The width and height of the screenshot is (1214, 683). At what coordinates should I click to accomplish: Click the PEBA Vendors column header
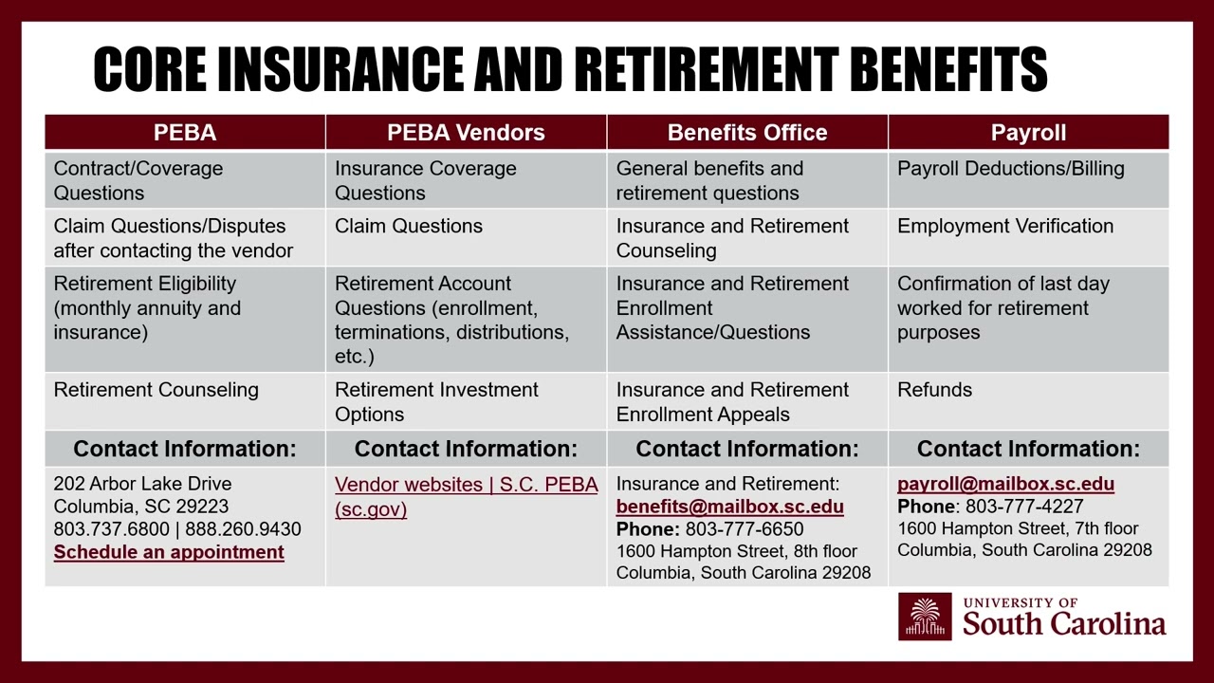click(466, 133)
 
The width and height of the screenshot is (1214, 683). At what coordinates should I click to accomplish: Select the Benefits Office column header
click(747, 133)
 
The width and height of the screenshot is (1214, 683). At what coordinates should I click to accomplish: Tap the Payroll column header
click(1028, 133)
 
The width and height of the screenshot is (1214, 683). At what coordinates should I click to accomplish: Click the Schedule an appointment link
click(169, 552)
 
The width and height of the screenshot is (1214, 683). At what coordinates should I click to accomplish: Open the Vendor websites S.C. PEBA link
click(466, 496)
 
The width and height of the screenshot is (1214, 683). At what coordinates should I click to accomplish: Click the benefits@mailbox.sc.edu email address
click(729, 507)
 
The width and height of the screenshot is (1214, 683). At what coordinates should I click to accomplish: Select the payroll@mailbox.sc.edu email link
click(1005, 484)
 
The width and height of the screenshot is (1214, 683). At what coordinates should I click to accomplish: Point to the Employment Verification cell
click(1005, 226)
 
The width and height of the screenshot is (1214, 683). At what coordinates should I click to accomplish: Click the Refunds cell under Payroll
click(934, 390)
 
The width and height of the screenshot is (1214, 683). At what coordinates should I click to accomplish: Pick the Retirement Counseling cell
click(156, 390)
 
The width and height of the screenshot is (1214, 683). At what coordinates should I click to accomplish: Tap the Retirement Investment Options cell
click(436, 401)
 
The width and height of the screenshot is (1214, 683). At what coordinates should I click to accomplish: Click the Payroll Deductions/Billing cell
click(1010, 169)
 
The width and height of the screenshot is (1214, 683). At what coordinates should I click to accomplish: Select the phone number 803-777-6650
click(745, 529)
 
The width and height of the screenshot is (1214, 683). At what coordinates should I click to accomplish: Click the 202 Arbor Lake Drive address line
click(142, 484)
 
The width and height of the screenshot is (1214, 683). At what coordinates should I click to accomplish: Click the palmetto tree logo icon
click(925, 617)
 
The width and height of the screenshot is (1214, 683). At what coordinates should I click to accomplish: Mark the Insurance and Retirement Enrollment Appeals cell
click(732, 401)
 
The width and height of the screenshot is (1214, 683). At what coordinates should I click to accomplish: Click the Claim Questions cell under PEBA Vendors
click(409, 226)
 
